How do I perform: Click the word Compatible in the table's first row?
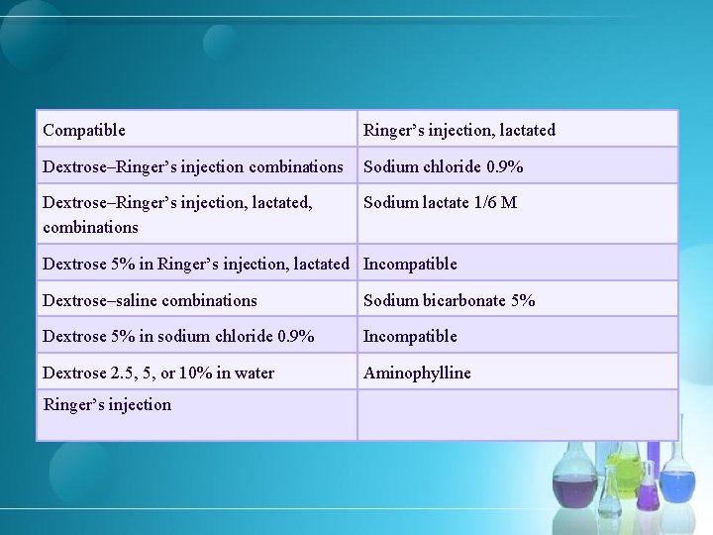(x=84, y=130)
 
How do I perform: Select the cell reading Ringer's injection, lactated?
(x=459, y=130)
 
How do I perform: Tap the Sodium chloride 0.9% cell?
(x=444, y=166)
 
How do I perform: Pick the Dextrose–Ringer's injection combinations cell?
(x=193, y=166)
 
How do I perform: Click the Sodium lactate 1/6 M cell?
(x=440, y=203)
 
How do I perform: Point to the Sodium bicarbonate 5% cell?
(x=449, y=300)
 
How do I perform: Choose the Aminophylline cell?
(x=417, y=373)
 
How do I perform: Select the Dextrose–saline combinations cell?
(x=150, y=300)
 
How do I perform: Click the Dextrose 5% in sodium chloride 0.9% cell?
(x=178, y=336)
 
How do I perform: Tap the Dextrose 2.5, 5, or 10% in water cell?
(x=158, y=373)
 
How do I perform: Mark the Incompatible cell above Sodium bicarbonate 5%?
(x=410, y=264)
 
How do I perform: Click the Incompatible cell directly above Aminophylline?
(x=410, y=336)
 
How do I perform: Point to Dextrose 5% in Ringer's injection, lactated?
(x=196, y=264)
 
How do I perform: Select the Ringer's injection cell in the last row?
(x=107, y=404)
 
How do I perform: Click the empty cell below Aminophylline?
(x=517, y=415)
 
